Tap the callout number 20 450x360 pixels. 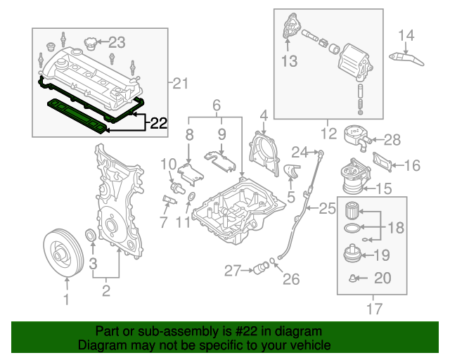pyautogui.click(x=382, y=278)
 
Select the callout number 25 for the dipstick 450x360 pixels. pyautogui.click(x=328, y=208)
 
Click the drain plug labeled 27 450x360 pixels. pyautogui.click(x=262, y=267)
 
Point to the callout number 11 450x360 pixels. pyautogui.click(x=183, y=224)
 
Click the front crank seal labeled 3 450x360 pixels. pyautogui.click(x=90, y=234)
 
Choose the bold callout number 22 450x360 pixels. pyautogui.click(x=159, y=124)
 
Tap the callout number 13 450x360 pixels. pyautogui.click(x=290, y=61)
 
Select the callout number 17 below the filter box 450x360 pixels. pyautogui.click(x=372, y=307)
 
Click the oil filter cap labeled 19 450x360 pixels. pyautogui.click(x=353, y=254)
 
